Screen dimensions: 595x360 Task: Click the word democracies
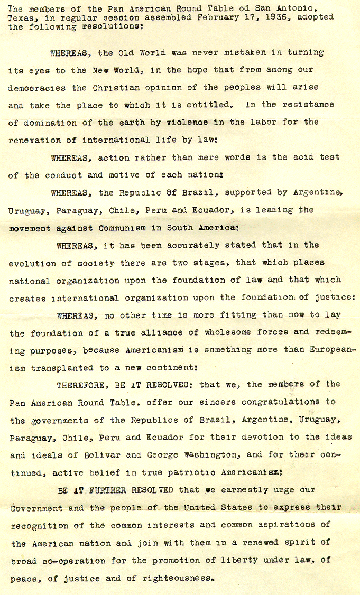coord(38,87)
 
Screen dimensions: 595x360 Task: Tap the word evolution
coord(32,263)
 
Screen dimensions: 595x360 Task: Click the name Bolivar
coord(96,455)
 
